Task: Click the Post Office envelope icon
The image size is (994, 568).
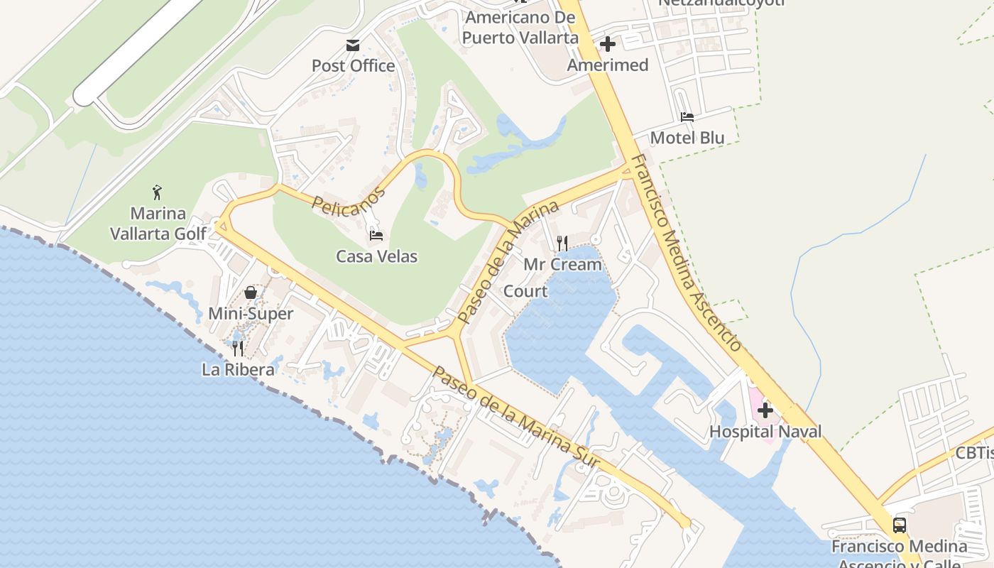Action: pyautogui.click(x=352, y=45)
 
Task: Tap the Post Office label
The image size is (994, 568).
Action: pyautogui.click(x=353, y=66)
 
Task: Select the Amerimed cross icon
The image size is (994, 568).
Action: pyautogui.click(x=607, y=45)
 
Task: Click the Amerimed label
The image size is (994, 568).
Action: pyautogui.click(x=608, y=65)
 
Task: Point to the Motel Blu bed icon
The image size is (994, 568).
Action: pyautogui.click(x=687, y=117)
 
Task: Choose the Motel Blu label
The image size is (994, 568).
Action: pyautogui.click(x=687, y=138)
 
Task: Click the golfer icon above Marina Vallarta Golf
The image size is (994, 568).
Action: pyautogui.click(x=158, y=192)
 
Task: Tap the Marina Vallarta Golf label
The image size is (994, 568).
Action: pyautogui.click(x=158, y=223)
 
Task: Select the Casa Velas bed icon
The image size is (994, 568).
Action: pyautogui.click(x=376, y=236)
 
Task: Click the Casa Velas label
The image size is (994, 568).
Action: pyautogui.click(x=376, y=256)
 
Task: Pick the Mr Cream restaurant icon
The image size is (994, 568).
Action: pyautogui.click(x=562, y=244)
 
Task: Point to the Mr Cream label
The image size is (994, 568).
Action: pyautogui.click(x=562, y=265)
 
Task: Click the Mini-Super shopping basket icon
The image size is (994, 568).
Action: pyautogui.click(x=251, y=292)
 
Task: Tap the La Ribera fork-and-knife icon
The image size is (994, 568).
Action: pyautogui.click(x=238, y=349)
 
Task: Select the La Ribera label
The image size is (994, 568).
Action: pyautogui.click(x=238, y=370)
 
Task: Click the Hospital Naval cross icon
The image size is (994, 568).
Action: pyautogui.click(x=765, y=410)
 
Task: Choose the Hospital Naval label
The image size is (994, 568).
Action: pyautogui.click(x=765, y=432)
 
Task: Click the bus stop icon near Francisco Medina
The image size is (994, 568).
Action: pyautogui.click(x=899, y=525)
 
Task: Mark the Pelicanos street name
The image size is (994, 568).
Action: pyautogui.click(x=349, y=201)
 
